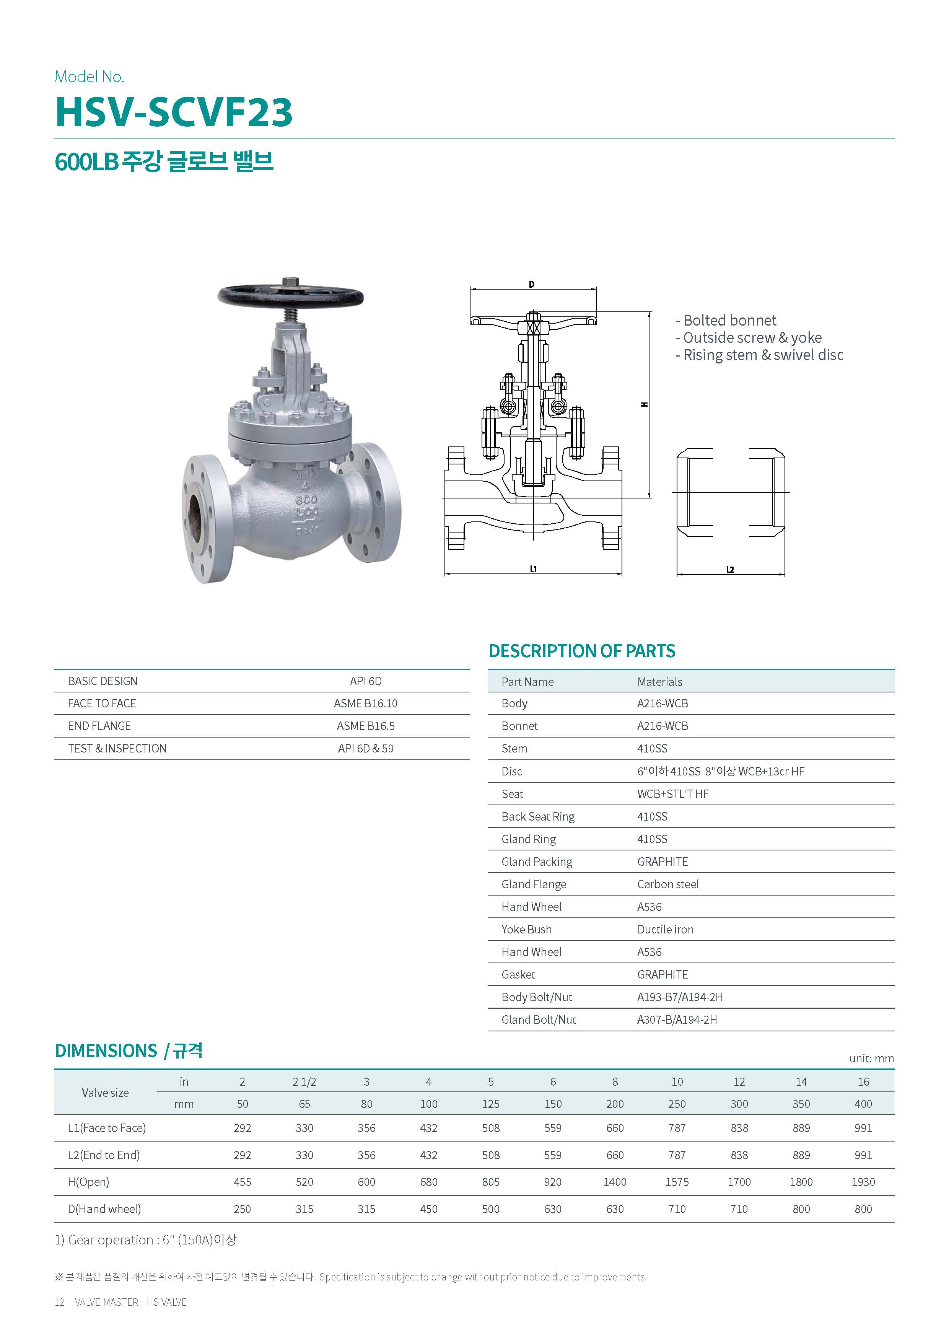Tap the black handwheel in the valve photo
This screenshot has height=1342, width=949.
[x=290, y=296]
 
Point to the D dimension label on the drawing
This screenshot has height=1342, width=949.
[x=532, y=285]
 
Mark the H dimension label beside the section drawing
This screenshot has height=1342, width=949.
[x=645, y=404]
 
